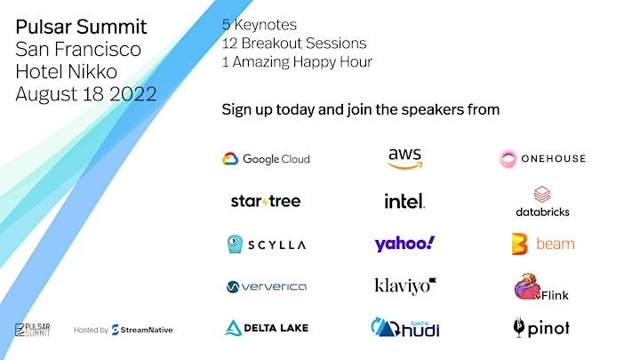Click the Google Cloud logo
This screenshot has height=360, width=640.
coord(266,159)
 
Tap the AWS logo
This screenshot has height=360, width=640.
coord(405,158)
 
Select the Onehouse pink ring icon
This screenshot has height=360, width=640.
coord(508,159)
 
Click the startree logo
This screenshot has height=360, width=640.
coord(266,201)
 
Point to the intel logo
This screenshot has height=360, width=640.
coord(404,201)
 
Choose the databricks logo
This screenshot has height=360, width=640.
coord(542,202)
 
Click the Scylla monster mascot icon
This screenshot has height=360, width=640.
coord(235,244)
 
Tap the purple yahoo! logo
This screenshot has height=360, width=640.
coord(404,244)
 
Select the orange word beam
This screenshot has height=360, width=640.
coord(555,244)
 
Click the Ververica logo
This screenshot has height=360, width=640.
coord(267,286)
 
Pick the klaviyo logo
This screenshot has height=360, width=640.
coord(405,286)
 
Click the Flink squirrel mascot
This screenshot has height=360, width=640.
coord(527,286)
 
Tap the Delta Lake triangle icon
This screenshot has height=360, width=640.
coord(233,328)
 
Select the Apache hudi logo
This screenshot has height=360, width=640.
coord(405,327)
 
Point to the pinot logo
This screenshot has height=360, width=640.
coord(541,327)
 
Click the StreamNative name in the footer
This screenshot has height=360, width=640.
coord(146,330)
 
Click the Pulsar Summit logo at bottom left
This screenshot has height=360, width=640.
coord(33,330)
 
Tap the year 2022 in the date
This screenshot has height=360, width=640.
coord(133,94)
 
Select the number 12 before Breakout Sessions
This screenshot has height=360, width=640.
coord(229,44)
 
